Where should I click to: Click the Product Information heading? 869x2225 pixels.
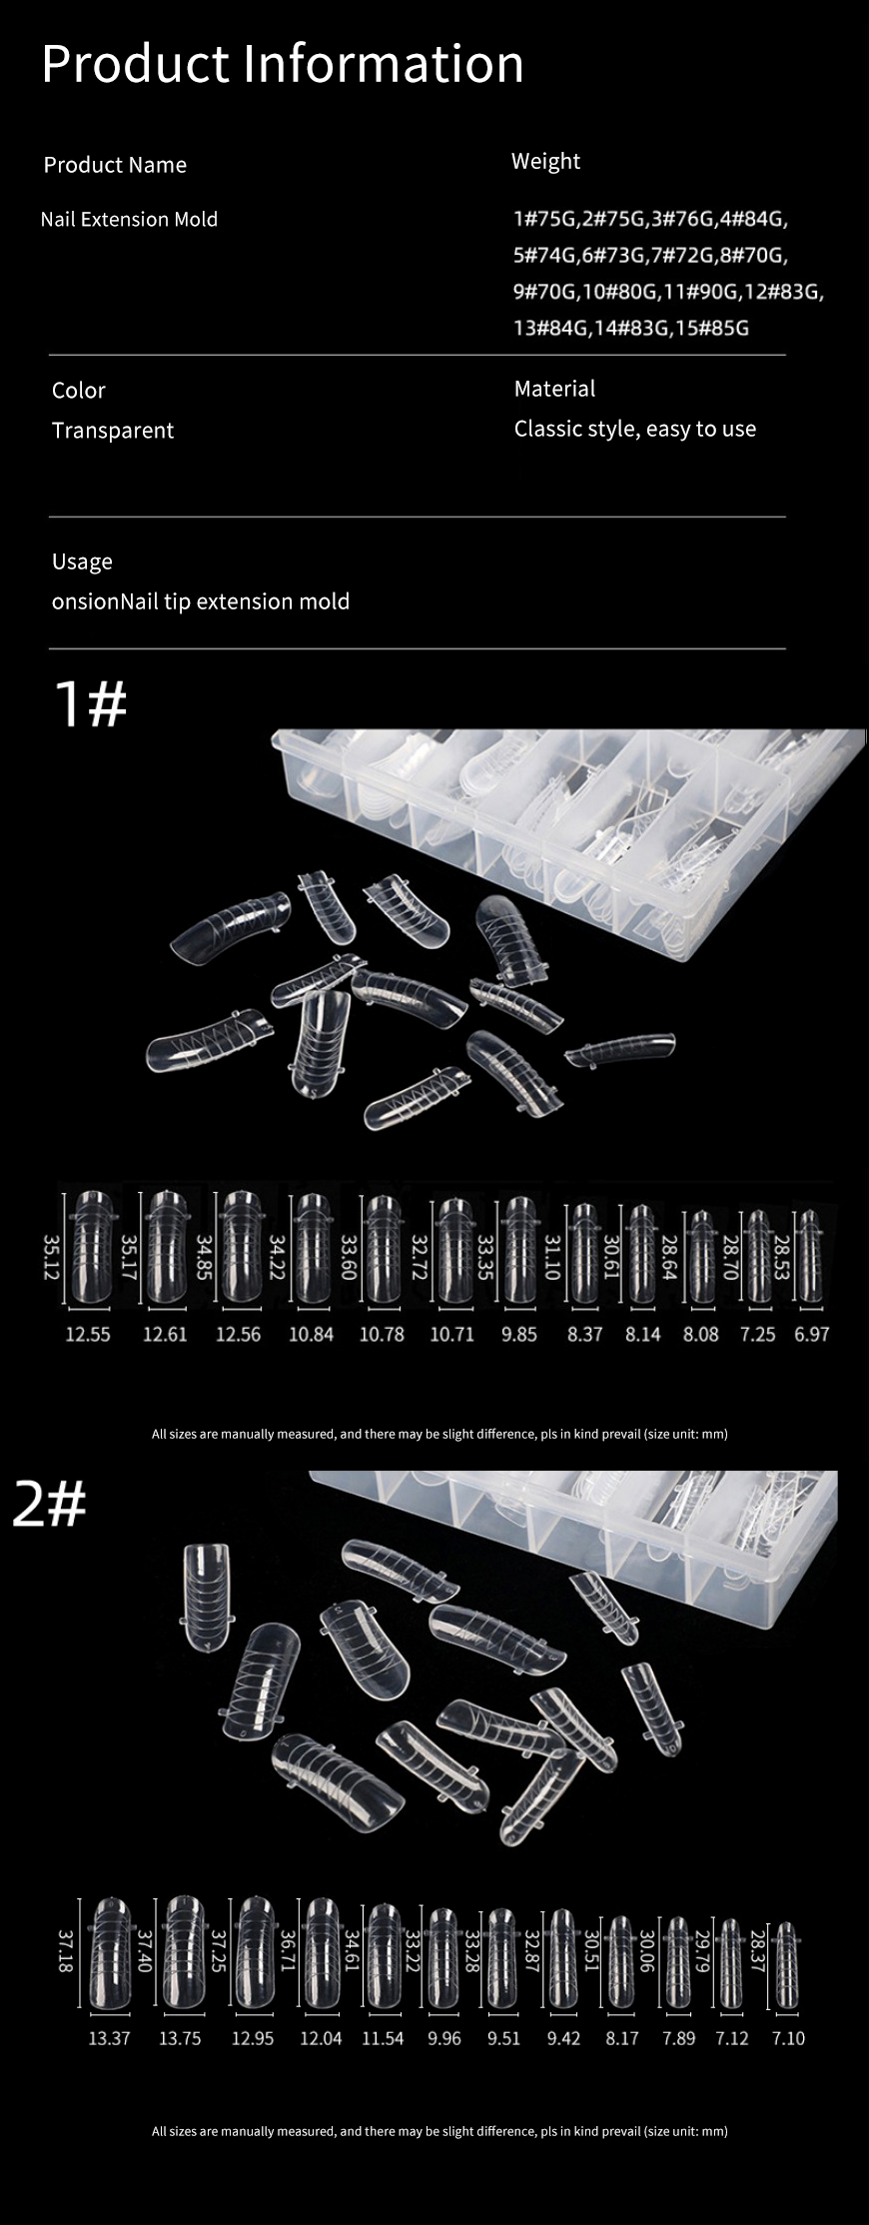click(283, 64)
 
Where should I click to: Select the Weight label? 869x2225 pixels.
click(545, 162)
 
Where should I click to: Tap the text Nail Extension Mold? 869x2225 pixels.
click(129, 219)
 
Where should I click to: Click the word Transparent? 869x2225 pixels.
click(113, 431)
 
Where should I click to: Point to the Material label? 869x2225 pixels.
click(554, 389)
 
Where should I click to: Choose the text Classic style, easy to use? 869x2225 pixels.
click(635, 429)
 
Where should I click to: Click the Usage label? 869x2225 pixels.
click(82, 561)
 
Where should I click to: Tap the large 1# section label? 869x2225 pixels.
click(91, 703)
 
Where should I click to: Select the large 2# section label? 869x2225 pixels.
click(50, 1504)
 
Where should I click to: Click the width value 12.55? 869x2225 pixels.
click(88, 1334)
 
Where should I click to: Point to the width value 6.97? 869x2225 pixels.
click(812, 1334)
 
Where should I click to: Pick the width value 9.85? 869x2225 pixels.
click(519, 1334)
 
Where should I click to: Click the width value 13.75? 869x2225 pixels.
click(180, 2038)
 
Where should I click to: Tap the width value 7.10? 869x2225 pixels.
click(788, 2038)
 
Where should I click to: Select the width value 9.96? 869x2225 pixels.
click(444, 2038)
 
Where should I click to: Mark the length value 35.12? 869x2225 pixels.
click(51, 1256)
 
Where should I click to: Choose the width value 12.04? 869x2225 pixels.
click(321, 2038)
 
